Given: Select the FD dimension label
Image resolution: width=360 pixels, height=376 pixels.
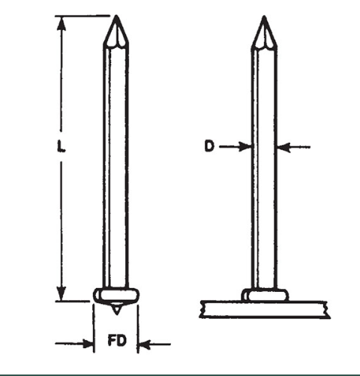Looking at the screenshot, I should click(x=116, y=344).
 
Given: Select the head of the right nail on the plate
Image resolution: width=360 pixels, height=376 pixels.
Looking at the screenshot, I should click(x=263, y=295).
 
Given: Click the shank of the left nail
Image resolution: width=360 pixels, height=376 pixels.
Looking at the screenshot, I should click(x=115, y=165).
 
